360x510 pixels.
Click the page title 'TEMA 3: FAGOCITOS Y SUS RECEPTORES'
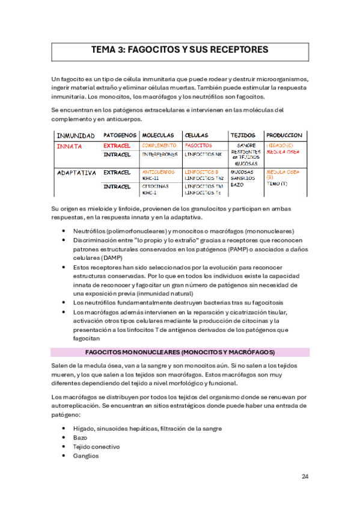(180, 50)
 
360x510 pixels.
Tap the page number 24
(305, 476)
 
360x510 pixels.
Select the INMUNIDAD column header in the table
(75, 135)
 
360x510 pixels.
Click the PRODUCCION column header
(284, 135)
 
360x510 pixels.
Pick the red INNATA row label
(69, 146)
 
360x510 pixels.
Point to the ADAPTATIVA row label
(76, 173)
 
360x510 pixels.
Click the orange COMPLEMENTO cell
(159, 146)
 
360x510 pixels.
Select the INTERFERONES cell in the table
(160, 155)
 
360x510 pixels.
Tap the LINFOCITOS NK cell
(203, 155)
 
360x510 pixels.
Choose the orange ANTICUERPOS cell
(158, 172)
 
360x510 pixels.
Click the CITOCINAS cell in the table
(155, 186)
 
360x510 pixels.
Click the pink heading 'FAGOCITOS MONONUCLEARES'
(180, 352)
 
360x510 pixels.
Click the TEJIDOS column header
(243, 135)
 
